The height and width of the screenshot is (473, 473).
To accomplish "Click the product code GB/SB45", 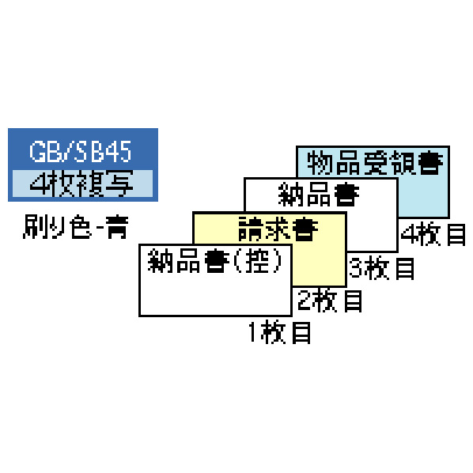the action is pyautogui.click(x=80, y=151).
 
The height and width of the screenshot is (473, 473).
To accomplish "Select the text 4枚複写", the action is pyautogui.click(x=81, y=184).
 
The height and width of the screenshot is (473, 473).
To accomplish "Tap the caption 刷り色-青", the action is pyautogui.click(x=76, y=226).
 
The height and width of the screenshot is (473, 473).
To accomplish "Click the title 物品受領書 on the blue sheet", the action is pyautogui.click(x=375, y=163).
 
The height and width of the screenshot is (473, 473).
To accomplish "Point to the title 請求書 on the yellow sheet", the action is pyautogui.click(x=278, y=229).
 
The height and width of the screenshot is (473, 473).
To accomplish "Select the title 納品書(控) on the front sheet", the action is pyautogui.click(x=215, y=261).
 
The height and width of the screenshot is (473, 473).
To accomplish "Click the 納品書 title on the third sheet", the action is pyautogui.click(x=318, y=195).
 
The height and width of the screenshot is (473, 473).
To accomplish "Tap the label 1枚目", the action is pyautogui.click(x=280, y=332).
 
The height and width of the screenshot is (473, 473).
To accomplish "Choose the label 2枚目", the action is pyautogui.click(x=330, y=301).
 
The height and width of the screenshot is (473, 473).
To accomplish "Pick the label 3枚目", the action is pyautogui.click(x=381, y=268).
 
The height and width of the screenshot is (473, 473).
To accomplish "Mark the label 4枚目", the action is pyautogui.click(x=433, y=234).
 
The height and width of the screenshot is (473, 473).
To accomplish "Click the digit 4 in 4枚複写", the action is pyautogui.click(x=40, y=184).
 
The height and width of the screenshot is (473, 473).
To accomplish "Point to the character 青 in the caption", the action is pyautogui.click(x=118, y=226).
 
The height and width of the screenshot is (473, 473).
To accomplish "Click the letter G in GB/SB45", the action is pyautogui.click(x=37, y=151).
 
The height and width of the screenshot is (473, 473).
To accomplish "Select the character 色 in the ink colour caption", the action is pyautogui.click(x=81, y=226).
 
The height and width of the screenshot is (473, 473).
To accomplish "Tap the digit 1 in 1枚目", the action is pyautogui.click(x=253, y=332).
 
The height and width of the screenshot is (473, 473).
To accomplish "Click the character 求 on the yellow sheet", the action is pyautogui.click(x=278, y=229).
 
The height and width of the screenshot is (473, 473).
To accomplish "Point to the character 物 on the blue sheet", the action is pyautogui.click(x=320, y=163).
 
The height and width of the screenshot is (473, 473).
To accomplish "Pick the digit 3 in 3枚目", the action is pyautogui.click(x=356, y=268).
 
